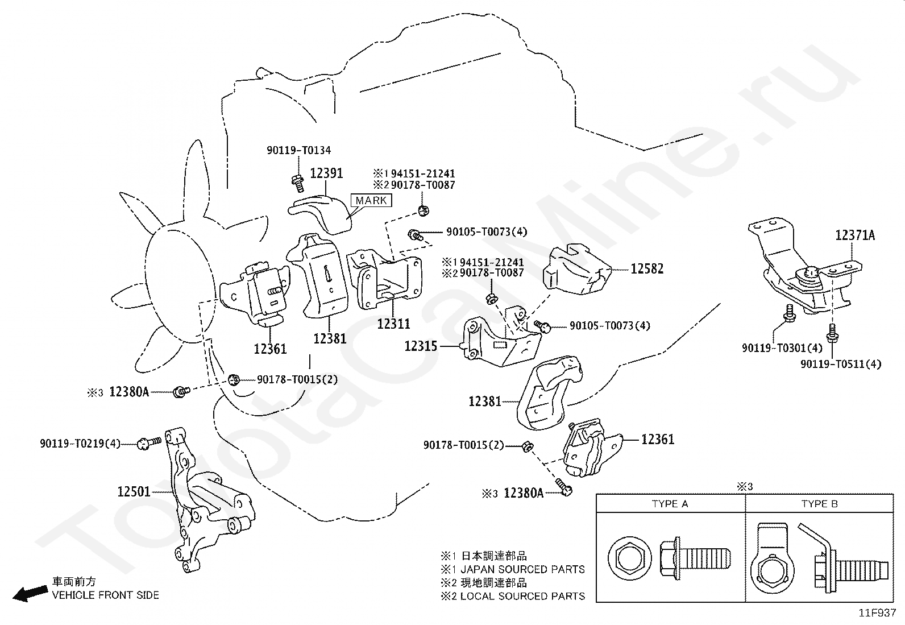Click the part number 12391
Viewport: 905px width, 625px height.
coord(326,173)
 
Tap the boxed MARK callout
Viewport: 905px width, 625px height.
coord(371,200)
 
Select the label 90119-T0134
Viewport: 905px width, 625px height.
coord(298,151)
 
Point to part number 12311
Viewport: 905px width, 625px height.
coord(393,324)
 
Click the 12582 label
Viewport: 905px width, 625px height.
coord(647,268)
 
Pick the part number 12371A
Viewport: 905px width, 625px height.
coord(855,235)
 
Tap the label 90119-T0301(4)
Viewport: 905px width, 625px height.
coord(782,347)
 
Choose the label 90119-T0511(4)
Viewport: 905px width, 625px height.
coord(840,364)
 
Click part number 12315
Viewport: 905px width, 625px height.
coord(421,345)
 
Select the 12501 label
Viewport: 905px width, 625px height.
coord(134,491)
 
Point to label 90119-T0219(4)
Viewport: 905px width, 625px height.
coord(80,443)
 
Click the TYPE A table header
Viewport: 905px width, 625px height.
coord(670,504)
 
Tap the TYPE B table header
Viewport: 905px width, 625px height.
coord(819,504)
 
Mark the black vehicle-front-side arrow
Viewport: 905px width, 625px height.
coord(30,593)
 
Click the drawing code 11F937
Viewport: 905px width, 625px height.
coord(877,613)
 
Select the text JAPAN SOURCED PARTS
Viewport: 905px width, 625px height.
coord(522,569)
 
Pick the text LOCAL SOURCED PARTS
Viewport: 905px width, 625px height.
coord(522,596)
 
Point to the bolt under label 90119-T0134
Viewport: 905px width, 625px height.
coord(297,180)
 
